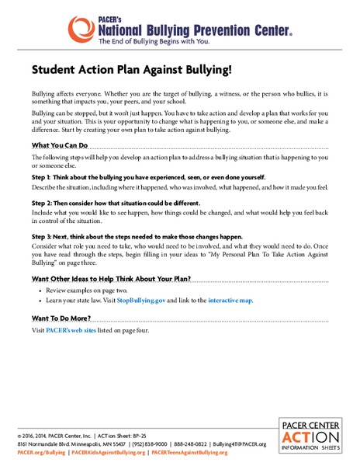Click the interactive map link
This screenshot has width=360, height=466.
tap(230, 299)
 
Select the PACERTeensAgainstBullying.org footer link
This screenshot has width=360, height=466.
tap(194, 451)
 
